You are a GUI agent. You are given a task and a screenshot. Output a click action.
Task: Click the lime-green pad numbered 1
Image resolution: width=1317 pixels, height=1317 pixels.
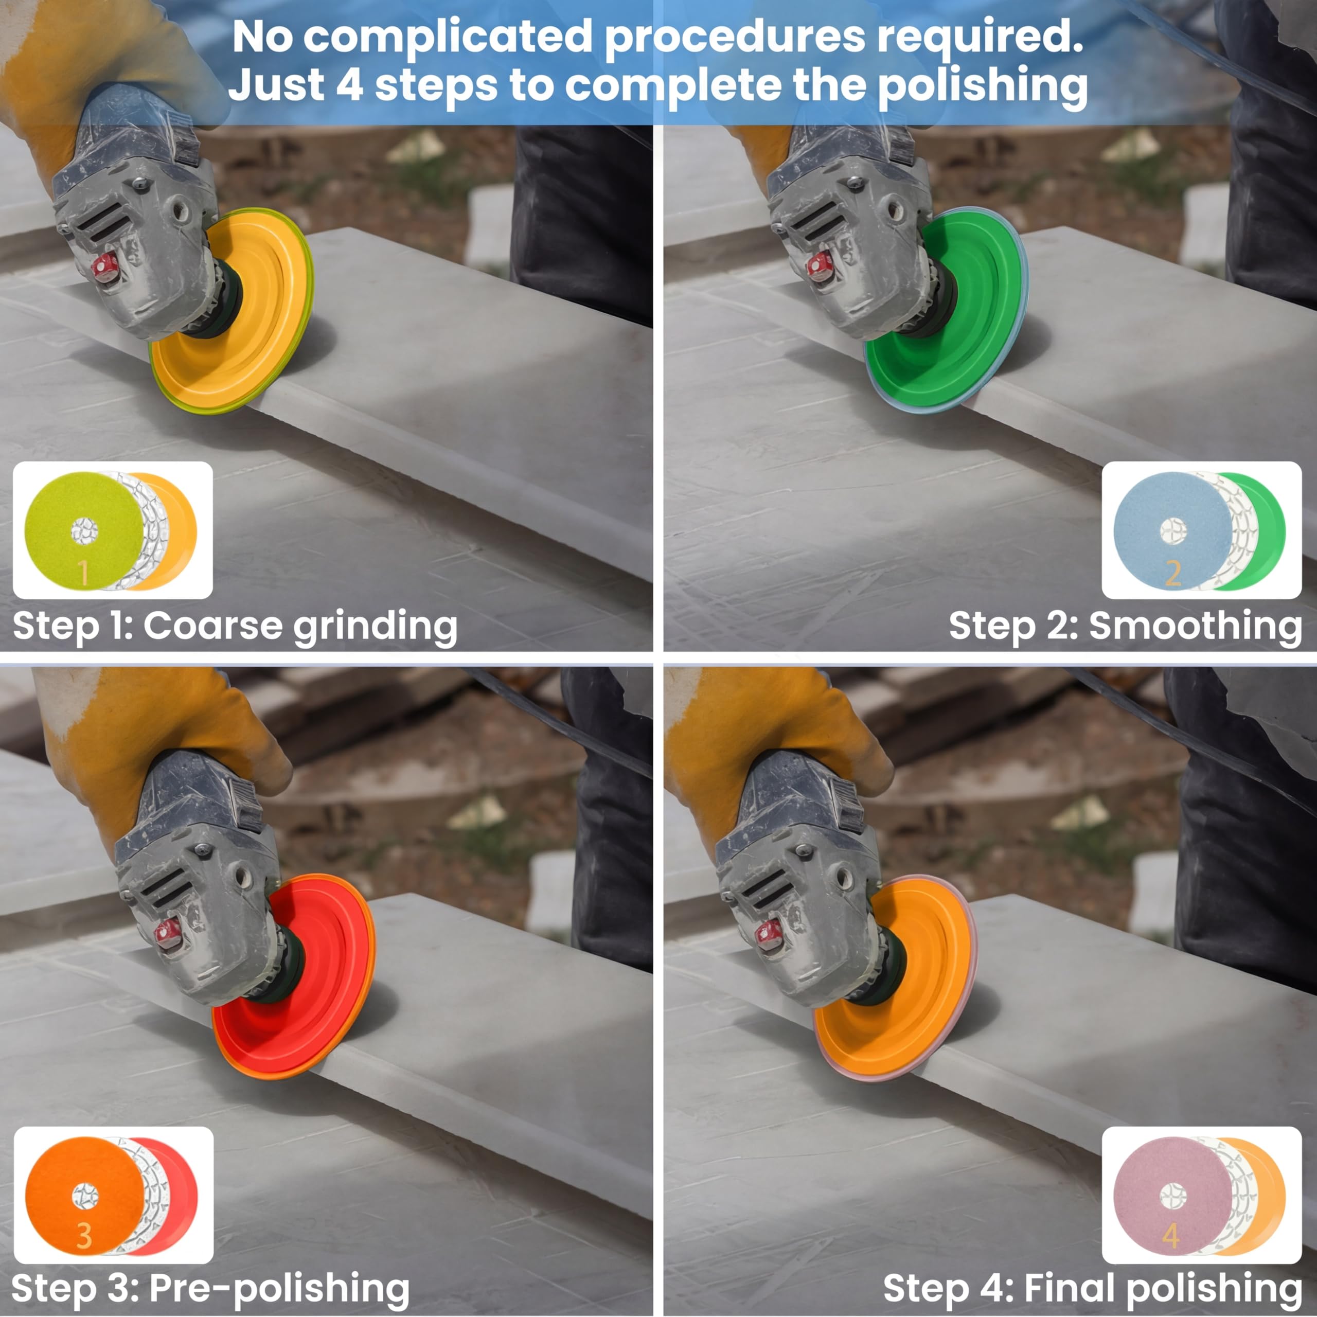[x=84, y=531]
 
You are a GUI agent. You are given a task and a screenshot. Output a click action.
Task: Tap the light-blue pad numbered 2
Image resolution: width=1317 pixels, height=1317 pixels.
[x=1172, y=531]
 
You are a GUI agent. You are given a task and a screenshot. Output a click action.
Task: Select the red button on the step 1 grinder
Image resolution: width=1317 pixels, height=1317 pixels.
[x=105, y=267]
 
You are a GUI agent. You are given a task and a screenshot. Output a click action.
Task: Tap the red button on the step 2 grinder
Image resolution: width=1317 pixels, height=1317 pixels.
[x=821, y=267]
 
